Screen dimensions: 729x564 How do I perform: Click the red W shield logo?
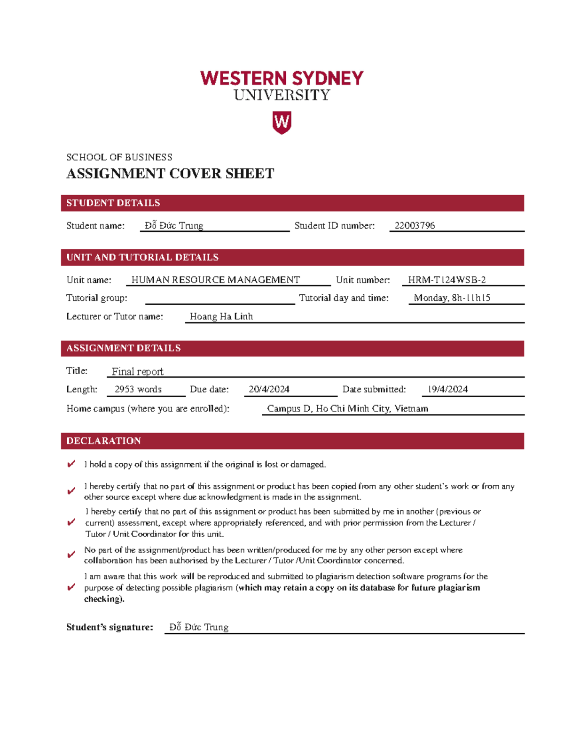[282, 123]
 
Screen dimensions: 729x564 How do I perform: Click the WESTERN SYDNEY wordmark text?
[282, 78]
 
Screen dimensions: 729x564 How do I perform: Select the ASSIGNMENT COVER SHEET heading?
[170, 174]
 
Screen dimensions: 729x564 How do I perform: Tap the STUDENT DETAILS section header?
[113, 203]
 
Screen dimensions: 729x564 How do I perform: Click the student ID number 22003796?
[415, 225]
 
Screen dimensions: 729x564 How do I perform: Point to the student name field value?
[174, 225]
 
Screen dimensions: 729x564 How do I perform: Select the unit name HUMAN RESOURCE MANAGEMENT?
[215, 280]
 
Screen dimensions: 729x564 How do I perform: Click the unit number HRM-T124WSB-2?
[446, 280]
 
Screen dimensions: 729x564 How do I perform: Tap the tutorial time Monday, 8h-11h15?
[452, 298]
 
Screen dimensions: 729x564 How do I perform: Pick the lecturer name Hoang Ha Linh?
[221, 316]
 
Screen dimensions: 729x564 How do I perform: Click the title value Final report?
[138, 371]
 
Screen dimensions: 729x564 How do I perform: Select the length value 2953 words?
[138, 389]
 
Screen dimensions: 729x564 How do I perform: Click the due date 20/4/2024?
[269, 389]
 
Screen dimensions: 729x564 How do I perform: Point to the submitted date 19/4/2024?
[447, 389]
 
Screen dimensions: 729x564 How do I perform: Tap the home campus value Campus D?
[347, 408]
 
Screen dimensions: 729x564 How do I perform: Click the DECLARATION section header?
[104, 441]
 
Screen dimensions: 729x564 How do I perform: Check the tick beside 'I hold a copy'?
[71, 464]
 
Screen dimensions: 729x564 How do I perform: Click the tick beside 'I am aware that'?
[71, 587]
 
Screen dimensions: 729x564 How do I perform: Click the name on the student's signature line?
[199, 627]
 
